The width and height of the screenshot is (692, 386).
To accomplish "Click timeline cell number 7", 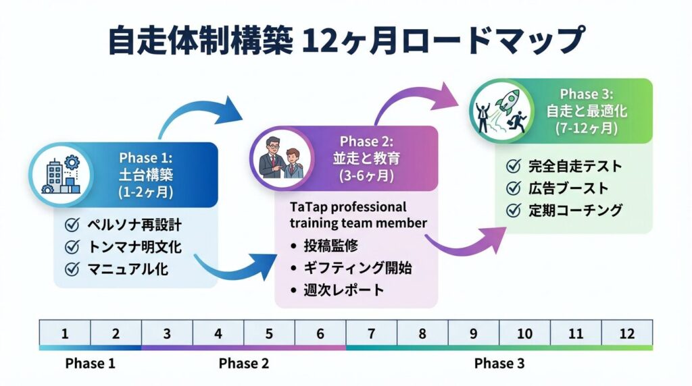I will pos(371,333).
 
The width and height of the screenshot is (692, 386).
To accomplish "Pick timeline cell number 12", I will pos(626,333).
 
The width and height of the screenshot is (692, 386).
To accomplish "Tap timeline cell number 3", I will pos(167,333).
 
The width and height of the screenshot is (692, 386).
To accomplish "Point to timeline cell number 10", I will pos(524,333).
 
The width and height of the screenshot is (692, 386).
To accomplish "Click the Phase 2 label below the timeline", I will pos(244,364).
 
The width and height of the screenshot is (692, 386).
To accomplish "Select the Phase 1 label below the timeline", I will pos(91,364).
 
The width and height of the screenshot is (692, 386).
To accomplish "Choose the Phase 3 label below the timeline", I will pos(499,364).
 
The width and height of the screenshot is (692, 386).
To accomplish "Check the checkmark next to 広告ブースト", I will pos(514,188).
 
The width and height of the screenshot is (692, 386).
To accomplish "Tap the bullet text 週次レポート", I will pos(344,291).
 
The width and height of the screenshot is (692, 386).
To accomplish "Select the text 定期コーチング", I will pos(575,210).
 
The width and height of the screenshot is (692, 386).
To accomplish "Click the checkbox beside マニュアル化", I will pos(71,269).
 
